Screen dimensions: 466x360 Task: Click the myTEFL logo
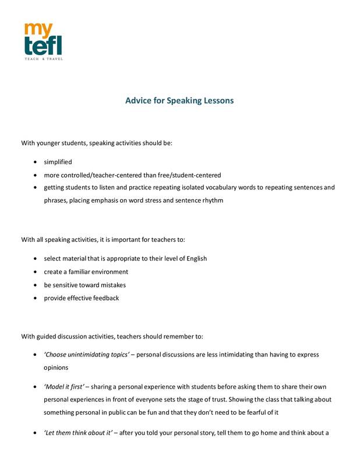click(43, 40)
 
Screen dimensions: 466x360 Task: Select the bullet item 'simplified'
click(58, 162)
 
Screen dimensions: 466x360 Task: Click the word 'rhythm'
click(211, 200)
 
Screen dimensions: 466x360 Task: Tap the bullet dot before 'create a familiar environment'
click(37, 272)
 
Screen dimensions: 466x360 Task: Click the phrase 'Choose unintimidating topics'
click(86, 354)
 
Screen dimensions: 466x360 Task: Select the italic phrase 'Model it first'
click(65, 387)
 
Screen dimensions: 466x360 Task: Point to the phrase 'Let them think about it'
click(78, 432)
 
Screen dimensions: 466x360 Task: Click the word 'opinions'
click(57, 368)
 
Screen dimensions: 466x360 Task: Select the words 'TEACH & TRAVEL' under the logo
click(43, 59)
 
